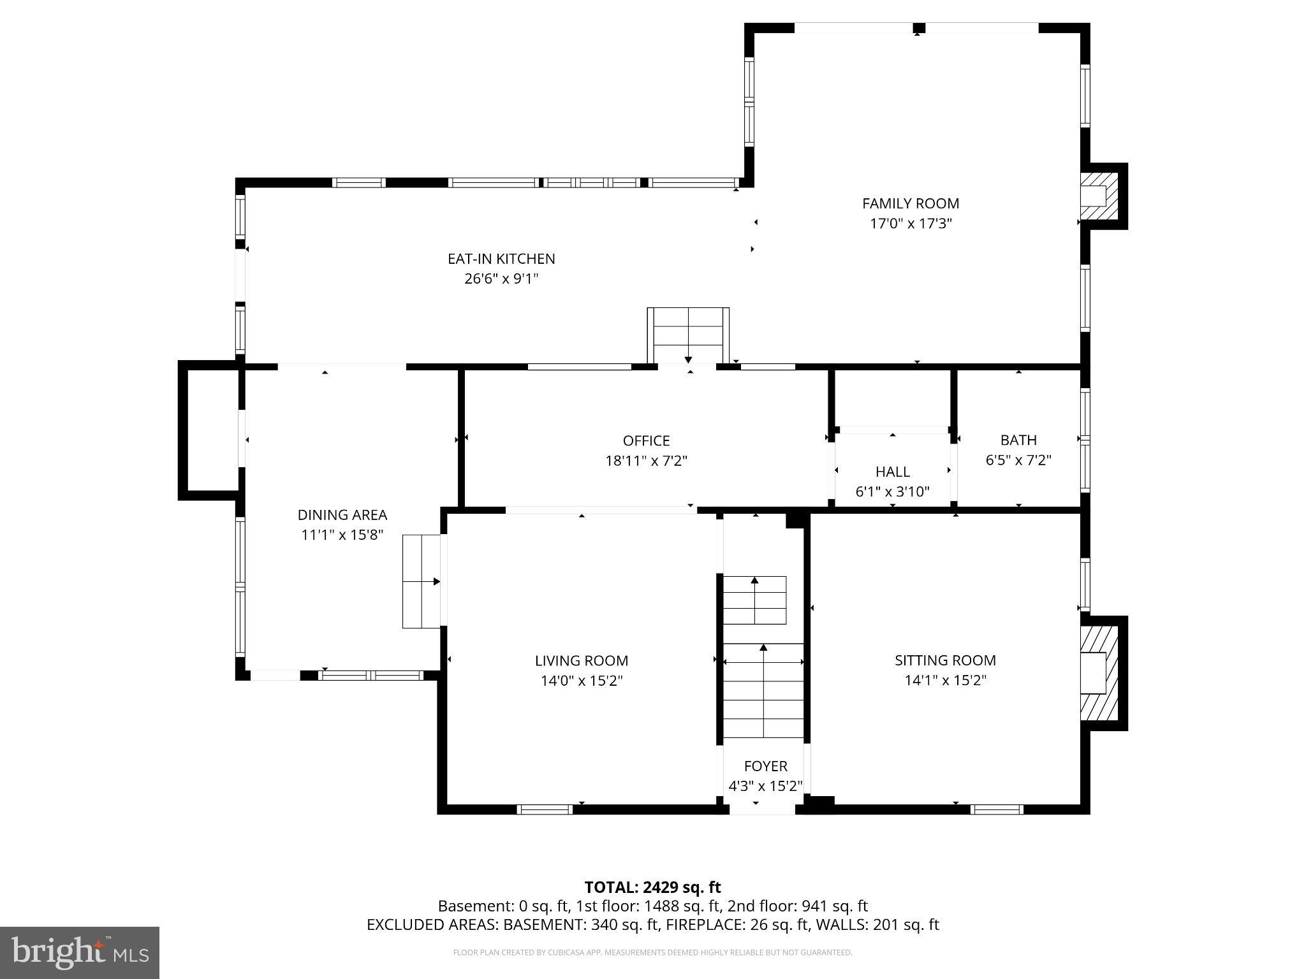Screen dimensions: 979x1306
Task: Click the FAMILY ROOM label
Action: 910,203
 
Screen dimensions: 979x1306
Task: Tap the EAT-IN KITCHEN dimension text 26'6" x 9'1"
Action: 501,279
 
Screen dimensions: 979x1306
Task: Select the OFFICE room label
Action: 646,440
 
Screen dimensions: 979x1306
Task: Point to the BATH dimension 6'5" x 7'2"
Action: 1018,460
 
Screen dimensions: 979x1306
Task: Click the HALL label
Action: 892,472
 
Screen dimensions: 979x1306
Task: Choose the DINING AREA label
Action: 342,514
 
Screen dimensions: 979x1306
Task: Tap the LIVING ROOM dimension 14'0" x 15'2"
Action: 581,681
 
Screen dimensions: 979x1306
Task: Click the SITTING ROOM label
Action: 944,660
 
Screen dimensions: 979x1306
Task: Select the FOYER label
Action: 765,766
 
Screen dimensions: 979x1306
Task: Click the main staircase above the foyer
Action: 763,688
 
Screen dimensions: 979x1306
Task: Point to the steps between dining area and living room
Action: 422,581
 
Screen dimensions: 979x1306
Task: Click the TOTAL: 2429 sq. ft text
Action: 652,887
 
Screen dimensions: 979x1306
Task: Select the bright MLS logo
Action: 80,952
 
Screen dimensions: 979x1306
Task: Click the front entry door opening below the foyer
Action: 762,809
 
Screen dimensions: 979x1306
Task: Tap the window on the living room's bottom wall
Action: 544,809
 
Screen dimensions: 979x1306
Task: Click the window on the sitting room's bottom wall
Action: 996,809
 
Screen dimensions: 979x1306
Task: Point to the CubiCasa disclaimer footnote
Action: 652,952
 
